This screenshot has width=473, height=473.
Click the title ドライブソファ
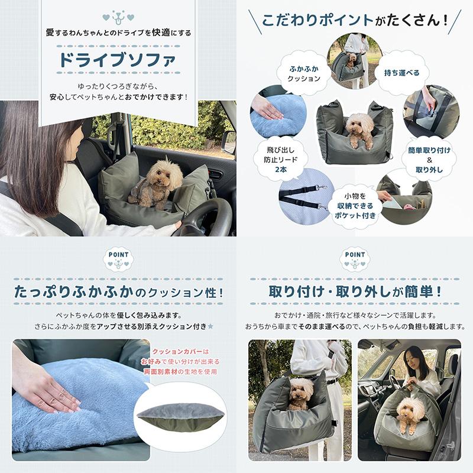[x=118, y=60]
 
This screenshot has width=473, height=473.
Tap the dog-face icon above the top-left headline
[x=118, y=17]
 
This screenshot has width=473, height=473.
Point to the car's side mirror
[x=229, y=142]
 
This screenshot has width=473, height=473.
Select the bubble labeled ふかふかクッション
[x=304, y=74]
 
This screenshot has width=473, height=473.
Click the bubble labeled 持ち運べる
[x=401, y=73]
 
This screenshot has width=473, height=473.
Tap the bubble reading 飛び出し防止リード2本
[x=280, y=159]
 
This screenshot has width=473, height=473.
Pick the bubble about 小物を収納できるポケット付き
[x=355, y=206]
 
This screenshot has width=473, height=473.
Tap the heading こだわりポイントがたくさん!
[x=355, y=21]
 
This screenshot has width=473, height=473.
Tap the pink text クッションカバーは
[x=180, y=352]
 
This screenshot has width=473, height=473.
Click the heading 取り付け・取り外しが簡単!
[x=355, y=292]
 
